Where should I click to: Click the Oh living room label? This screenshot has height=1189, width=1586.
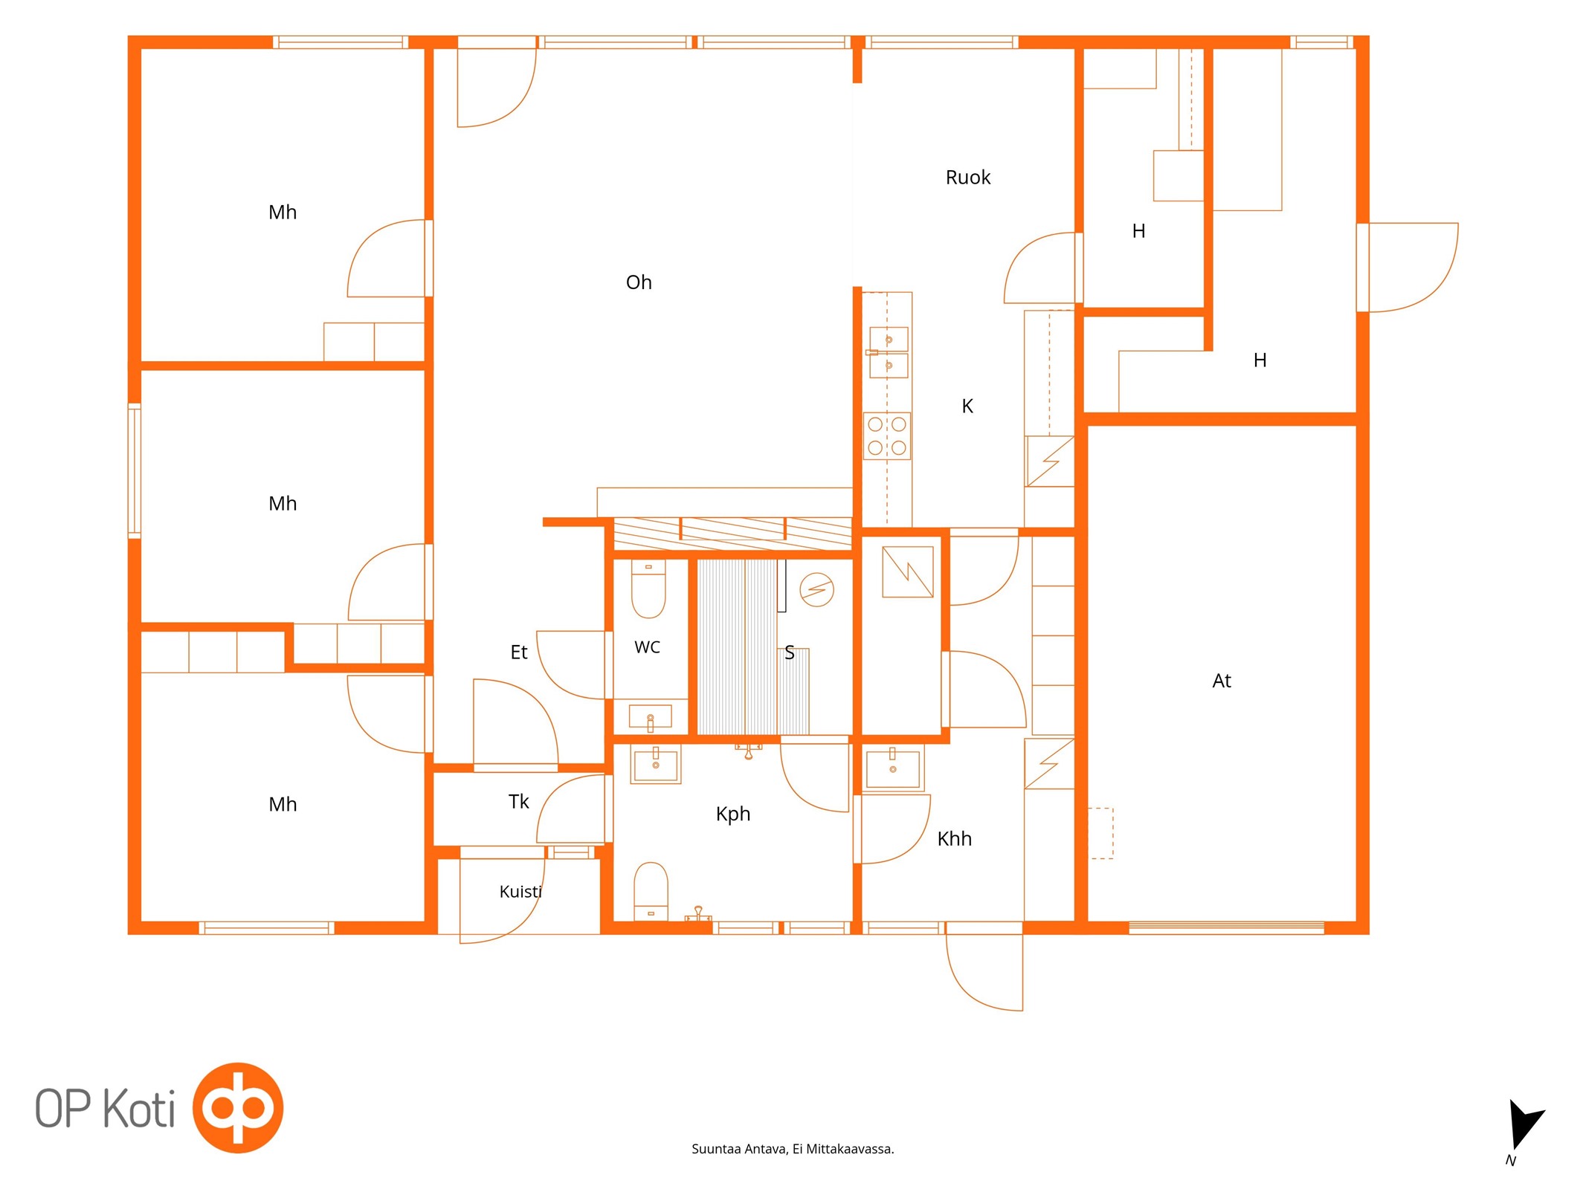[x=639, y=282]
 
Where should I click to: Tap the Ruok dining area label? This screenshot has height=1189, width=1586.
[x=968, y=178]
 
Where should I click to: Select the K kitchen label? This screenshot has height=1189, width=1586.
[x=967, y=406]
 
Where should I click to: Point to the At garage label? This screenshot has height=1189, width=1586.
[x=1222, y=681]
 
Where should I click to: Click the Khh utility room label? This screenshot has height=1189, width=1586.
[x=955, y=838]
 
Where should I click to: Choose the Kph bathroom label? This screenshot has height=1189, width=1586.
[x=733, y=814]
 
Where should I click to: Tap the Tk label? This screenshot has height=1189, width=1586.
[x=519, y=801]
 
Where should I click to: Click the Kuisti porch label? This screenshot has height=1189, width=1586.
[x=520, y=891]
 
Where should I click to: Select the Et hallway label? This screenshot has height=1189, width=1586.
[x=519, y=652]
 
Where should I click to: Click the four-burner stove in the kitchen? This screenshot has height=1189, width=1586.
[x=887, y=436]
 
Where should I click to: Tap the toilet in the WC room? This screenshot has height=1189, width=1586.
[x=648, y=589]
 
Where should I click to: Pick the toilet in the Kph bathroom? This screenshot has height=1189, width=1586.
[x=651, y=892]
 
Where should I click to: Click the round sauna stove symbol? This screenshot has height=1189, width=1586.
[x=816, y=590]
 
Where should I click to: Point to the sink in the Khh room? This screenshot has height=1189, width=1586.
[x=893, y=768]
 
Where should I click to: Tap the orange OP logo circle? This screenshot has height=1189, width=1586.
[x=238, y=1107]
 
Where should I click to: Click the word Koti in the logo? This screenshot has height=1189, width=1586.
[x=138, y=1108]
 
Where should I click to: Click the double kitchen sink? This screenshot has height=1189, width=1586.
[x=889, y=352]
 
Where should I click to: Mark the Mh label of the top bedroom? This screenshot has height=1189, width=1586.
[x=283, y=213]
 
